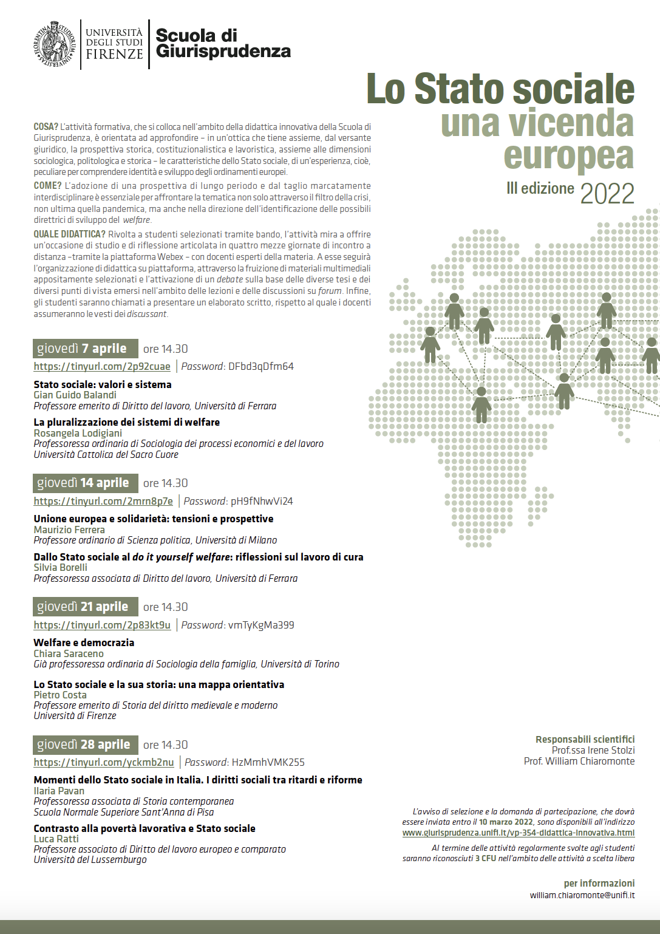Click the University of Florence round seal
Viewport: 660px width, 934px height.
pos(55,44)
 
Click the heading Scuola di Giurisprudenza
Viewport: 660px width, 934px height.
pos(223,43)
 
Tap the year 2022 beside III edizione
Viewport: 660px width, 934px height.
pos(607,194)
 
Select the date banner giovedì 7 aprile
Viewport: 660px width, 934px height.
pos(85,349)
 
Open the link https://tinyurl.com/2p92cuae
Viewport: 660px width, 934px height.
pos(102,366)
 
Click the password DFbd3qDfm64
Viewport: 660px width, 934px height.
pos(260,366)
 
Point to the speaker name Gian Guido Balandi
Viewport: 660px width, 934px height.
pos(75,395)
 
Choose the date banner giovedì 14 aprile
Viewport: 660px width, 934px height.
pos(85,483)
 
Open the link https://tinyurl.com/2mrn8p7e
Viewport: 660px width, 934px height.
pos(103,501)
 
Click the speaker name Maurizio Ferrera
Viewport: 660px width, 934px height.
pos(69,530)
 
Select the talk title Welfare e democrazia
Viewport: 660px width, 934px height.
pos(84,643)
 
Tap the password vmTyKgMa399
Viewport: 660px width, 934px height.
pos(260,625)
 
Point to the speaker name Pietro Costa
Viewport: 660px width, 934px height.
pos(60,695)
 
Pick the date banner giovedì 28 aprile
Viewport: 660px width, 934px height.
pos(85,745)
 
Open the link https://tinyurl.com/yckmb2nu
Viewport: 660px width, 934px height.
pos(104,762)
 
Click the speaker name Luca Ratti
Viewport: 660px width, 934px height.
pos(56,839)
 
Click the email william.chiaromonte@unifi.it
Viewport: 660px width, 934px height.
pos(582,895)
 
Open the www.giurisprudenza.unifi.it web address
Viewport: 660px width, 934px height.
pos(518,833)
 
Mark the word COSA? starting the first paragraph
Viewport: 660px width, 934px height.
pos(46,127)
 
